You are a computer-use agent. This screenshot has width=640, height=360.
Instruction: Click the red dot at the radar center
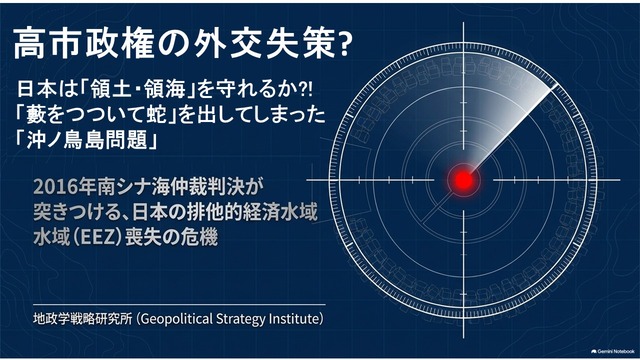pyautogui.click(x=463, y=180)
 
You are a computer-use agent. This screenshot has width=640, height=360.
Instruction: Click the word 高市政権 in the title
pyautogui.click(x=83, y=44)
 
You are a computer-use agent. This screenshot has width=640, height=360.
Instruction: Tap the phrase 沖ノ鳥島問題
pyautogui.click(x=86, y=140)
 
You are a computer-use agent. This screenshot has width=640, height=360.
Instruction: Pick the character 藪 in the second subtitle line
pyautogui.click(x=34, y=115)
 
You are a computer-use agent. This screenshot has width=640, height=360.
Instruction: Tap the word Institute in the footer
pyautogui.click(x=293, y=318)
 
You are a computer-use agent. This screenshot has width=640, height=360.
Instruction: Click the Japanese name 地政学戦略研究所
pyautogui.click(x=83, y=318)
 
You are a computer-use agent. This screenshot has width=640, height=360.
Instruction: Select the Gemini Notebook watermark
pyautogui.click(x=613, y=351)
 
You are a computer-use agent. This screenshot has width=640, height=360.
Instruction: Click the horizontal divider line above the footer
pyautogui.click(x=179, y=304)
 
